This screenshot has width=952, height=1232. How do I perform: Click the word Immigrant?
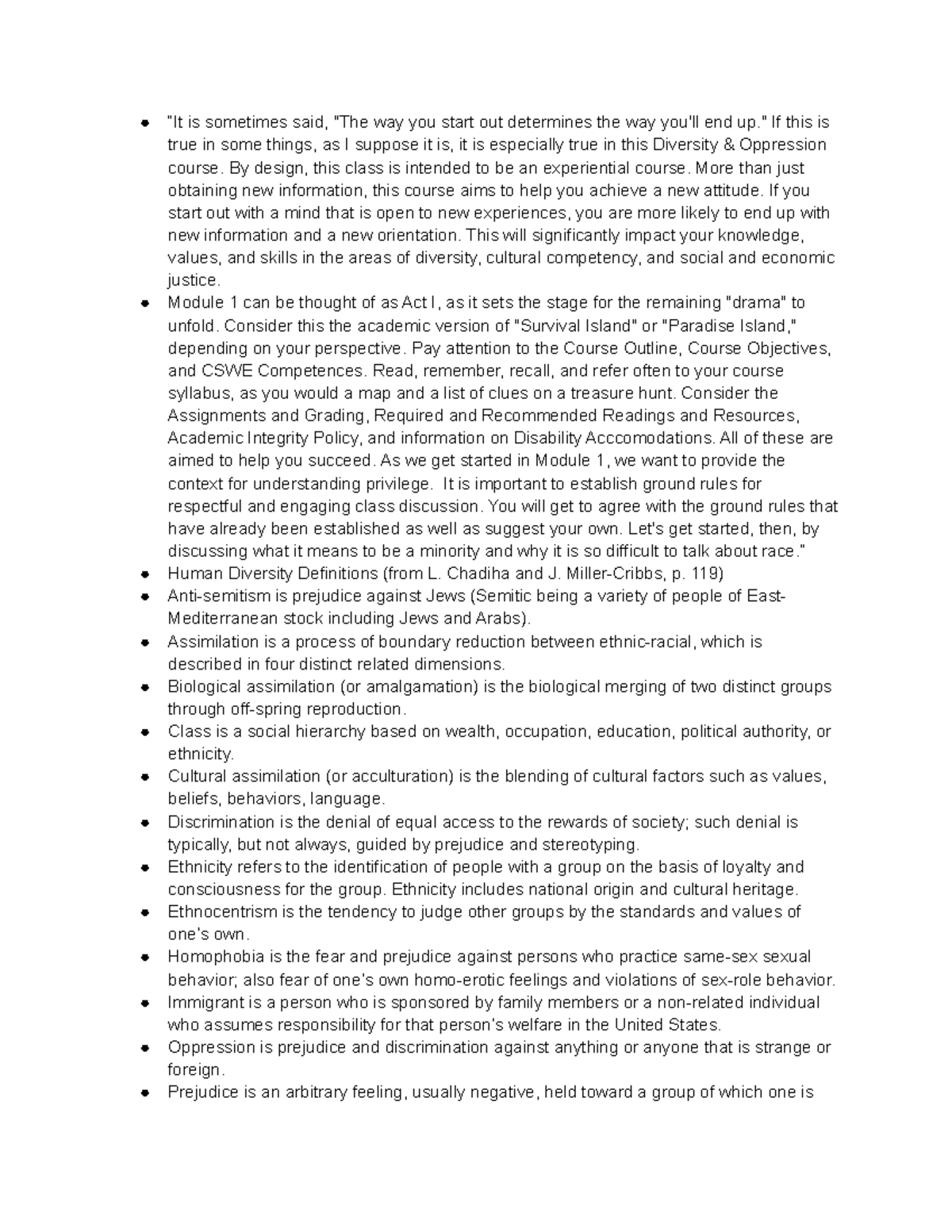[x=202, y=1002]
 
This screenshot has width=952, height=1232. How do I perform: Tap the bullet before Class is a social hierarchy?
[x=144, y=732]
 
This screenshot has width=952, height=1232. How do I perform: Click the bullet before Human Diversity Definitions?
[x=144, y=574]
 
